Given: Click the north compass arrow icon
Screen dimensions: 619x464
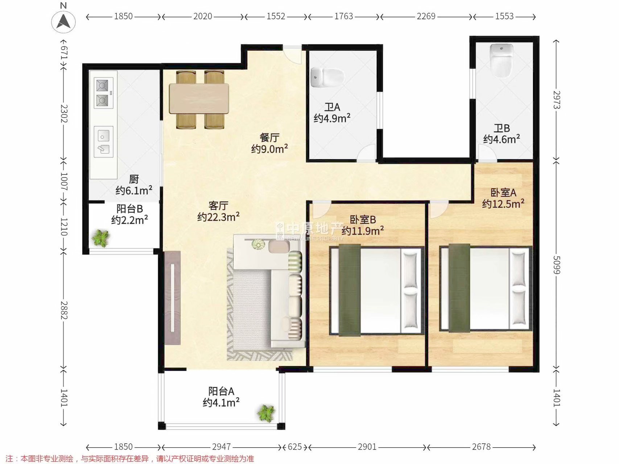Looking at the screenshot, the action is [63, 21].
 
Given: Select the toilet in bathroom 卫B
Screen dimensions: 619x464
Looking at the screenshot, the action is [502, 60].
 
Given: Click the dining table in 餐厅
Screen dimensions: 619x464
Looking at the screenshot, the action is [199, 99].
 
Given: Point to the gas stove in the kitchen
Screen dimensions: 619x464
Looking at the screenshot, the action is [103, 93].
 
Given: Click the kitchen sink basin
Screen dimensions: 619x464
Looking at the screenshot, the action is [103, 142].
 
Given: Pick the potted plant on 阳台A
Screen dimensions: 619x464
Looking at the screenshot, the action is [266, 413].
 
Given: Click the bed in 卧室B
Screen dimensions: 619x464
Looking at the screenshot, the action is [377, 290].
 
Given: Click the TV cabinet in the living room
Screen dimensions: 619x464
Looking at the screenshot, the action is [173, 298].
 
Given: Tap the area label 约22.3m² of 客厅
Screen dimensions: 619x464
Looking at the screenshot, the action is [218, 217].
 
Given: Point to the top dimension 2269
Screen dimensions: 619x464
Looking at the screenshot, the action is [426, 16].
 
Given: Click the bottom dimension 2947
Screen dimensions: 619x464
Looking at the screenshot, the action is [222, 447].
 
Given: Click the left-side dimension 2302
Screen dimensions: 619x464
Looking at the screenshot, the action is [64, 113].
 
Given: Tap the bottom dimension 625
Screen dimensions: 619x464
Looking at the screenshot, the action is [294, 447].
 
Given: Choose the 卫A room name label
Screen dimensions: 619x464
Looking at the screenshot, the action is [332, 107].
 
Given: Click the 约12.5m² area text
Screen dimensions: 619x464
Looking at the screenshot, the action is [503, 204].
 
